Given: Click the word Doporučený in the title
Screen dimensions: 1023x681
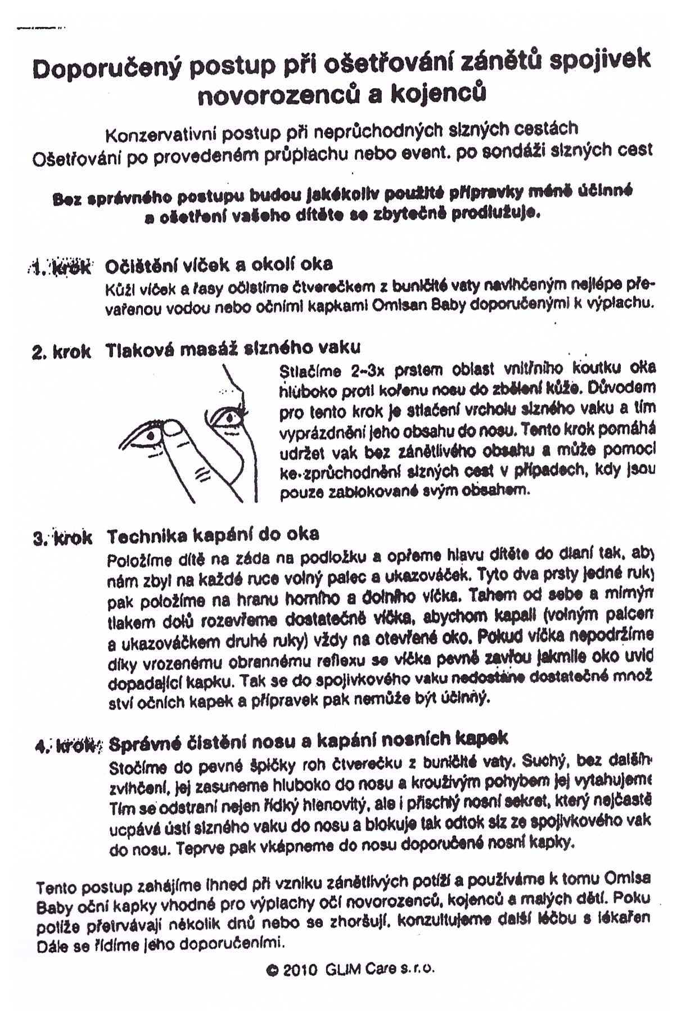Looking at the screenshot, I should click(x=106, y=69).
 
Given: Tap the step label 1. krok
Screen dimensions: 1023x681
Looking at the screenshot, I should click(x=61, y=267).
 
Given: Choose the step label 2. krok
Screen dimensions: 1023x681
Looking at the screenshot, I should click(x=61, y=352).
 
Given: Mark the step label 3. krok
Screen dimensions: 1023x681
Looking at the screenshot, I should click(x=62, y=538).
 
